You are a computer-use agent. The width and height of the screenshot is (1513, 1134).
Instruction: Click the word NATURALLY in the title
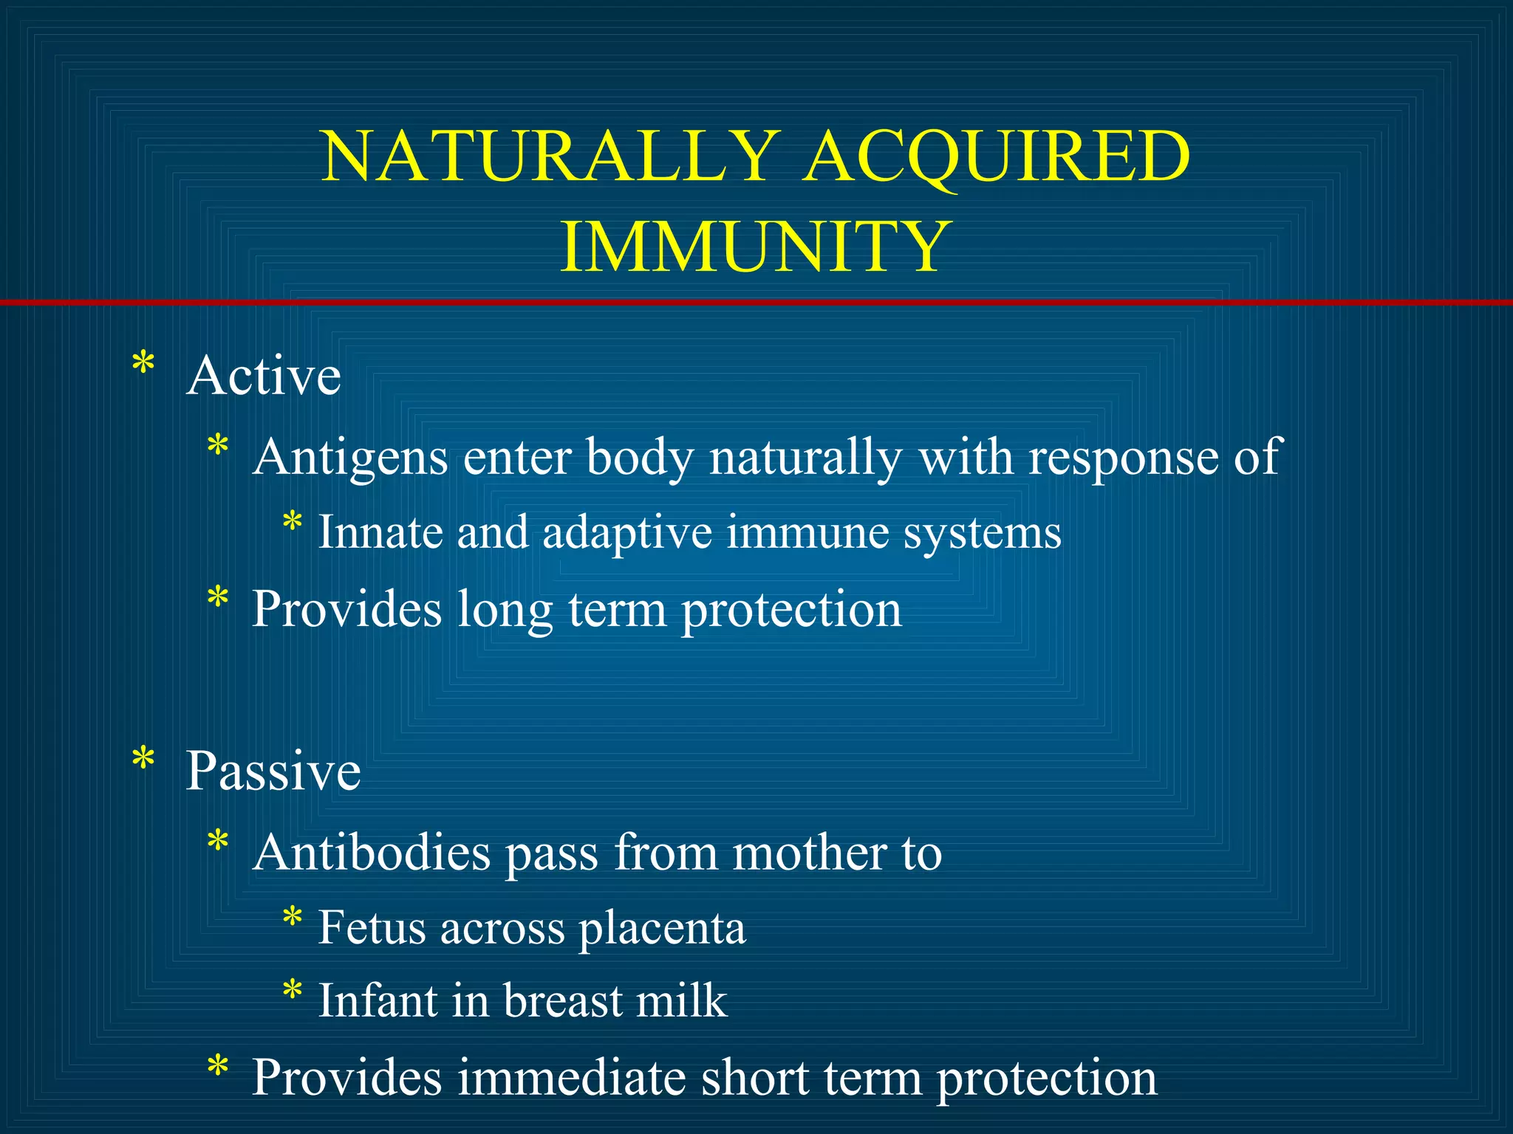[x=550, y=157]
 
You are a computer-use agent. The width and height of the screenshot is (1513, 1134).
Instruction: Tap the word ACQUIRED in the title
[x=997, y=157]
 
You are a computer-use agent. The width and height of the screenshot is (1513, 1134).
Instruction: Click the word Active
[x=264, y=376]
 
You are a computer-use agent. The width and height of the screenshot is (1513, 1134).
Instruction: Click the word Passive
[x=273, y=771]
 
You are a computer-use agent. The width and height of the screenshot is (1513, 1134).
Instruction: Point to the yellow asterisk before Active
[x=143, y=364]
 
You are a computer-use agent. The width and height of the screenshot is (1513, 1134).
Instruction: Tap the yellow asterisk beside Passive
[x=143, y=759]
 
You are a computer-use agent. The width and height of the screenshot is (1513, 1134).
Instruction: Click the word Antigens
[x=350, y=458]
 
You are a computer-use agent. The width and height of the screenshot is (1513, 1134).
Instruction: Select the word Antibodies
[x=372, y=853]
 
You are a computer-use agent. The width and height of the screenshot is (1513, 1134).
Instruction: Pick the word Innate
[x=380, y=532]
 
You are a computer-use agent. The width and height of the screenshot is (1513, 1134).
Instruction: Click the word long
[x=504, y=611]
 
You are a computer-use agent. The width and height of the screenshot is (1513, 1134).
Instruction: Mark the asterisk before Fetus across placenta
[x=293, y=917]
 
